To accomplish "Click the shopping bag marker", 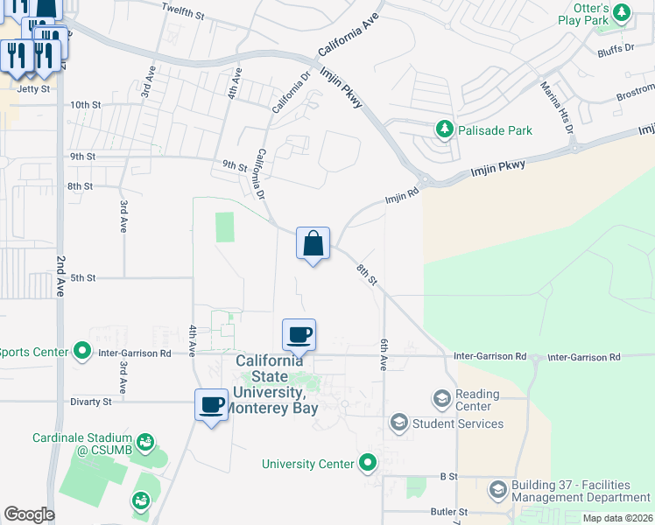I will coord(313,244).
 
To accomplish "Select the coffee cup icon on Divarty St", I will coord(211,405).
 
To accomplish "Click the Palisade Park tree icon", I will coord(445,130).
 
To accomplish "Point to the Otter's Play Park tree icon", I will coord(622,12).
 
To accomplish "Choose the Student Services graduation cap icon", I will coord(398,423).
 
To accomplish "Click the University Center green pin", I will coord(368,463).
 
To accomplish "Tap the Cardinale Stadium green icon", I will coord(146,442).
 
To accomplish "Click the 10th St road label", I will coord(86,105).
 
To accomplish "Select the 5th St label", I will coord(82,278).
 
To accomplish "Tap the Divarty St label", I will coord(91,402).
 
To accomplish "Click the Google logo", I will coord(30,514).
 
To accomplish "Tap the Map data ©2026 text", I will coord(618,518).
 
